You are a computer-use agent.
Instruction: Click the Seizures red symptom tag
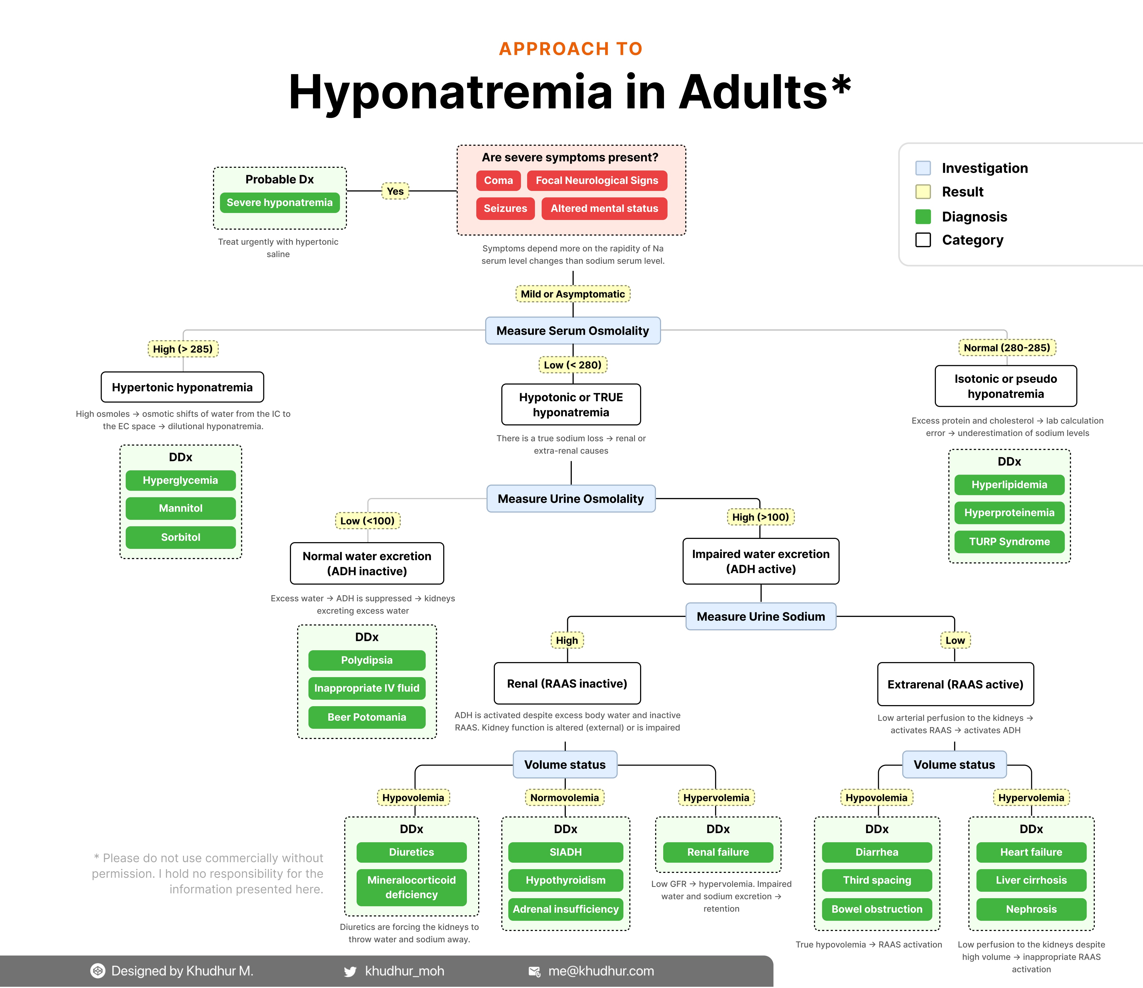coord(505,208)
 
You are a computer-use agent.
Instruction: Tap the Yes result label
coord(395,191)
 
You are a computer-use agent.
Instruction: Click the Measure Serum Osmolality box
coord(573,330)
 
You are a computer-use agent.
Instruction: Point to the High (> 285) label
coord(183,349)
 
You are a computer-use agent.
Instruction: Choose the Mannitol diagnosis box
coord(180,508)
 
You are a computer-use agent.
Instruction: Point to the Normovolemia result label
coord(564,797)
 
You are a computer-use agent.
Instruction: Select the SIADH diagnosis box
coord(565,852)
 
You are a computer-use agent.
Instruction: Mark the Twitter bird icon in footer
coord(350,971)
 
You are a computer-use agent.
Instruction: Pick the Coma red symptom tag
coord(498,180)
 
